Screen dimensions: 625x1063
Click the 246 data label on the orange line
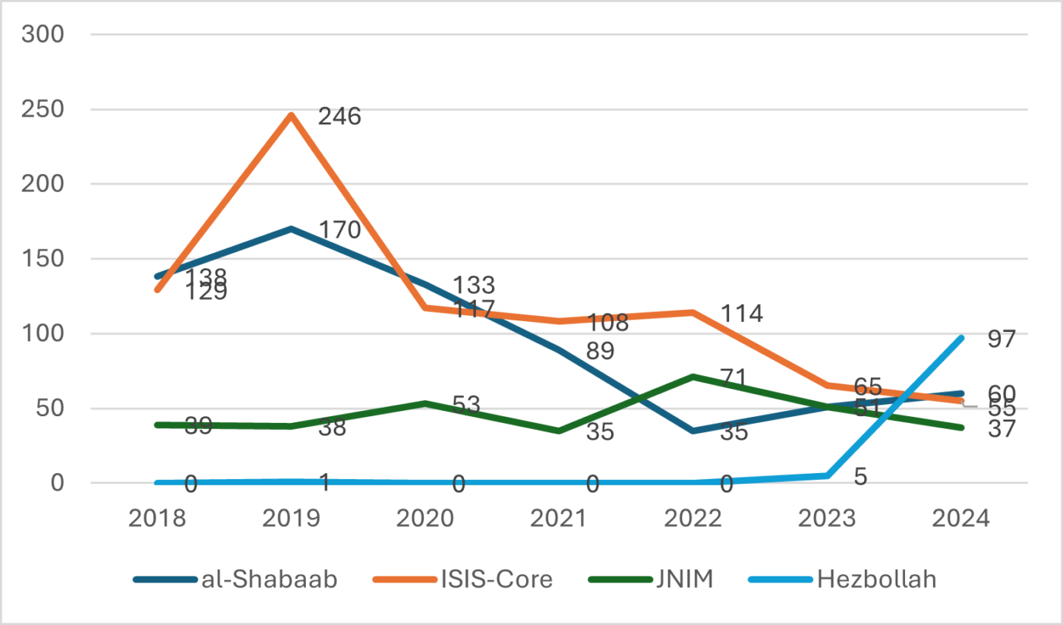click(339, 117)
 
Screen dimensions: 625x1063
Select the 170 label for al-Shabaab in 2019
click(339, 229)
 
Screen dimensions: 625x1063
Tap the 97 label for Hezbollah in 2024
click(1001, 339)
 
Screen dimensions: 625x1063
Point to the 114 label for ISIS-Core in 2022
click(742, 313)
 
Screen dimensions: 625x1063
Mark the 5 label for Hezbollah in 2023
click(860, 477)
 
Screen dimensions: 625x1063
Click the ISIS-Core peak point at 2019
click(292, 115)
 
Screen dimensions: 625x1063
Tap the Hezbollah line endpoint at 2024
click(961, 338)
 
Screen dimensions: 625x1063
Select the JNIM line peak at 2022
click(693, 376)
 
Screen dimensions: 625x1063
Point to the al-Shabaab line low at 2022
click(693, 431)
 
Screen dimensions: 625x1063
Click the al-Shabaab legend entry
click(235, 579)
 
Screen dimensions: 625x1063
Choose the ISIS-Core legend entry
click(462, 579)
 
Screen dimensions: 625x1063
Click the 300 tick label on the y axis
click(43, 35)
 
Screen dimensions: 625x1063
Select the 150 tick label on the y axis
click(43, 259)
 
